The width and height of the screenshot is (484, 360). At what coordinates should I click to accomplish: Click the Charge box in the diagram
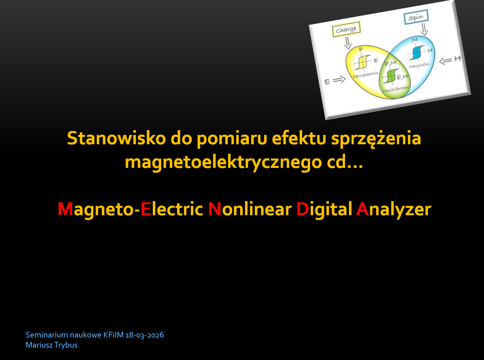[346, 29]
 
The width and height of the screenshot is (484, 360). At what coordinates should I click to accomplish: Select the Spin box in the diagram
[416, 17]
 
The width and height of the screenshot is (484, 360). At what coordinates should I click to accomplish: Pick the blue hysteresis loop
[417, 52]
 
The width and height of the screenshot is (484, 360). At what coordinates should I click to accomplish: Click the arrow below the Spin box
[424, 29]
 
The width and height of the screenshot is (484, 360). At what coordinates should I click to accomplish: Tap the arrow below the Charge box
[347, 43]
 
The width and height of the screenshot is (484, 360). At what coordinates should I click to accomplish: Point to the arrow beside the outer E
[339, 80]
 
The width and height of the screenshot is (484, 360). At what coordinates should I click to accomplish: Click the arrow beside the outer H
[445, 61]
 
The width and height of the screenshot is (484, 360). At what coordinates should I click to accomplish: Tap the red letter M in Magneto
[65, 209]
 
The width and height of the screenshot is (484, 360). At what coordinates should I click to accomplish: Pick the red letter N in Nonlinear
[215, 209]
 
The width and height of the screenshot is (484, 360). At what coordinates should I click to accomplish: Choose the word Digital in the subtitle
[324, 209]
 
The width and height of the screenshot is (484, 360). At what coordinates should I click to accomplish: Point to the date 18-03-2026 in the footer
[145, 335]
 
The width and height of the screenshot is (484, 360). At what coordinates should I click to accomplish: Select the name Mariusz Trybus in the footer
[51, 345]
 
